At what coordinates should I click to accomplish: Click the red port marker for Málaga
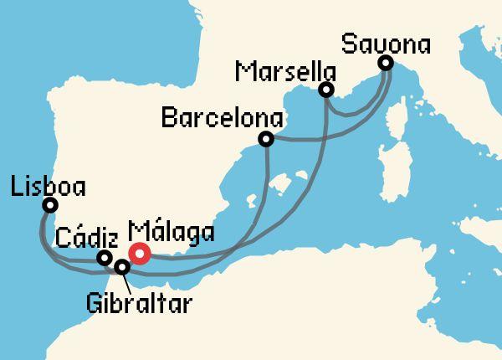[x=139, y=254]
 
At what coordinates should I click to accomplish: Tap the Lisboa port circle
[x=50, y=205]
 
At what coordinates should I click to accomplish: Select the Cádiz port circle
[x=104, y=259]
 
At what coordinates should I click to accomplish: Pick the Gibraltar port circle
[x=122, y=268]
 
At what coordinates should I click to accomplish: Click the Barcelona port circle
[x=266, y=139]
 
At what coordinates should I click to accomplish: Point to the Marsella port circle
[x=326, y=90]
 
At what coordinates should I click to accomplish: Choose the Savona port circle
[x=385, y=63]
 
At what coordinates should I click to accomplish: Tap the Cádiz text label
[x=82, y=238]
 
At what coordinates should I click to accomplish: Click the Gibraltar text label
[x=138, y=301]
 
